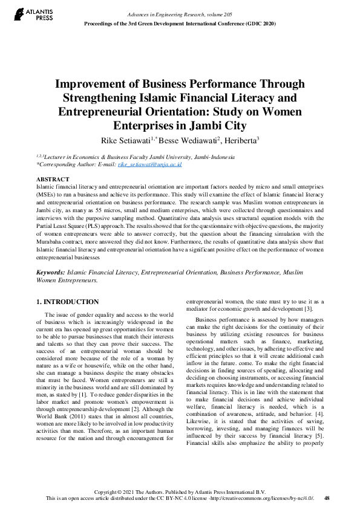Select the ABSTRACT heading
tap(53, 180)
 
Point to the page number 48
tap(327, 498)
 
